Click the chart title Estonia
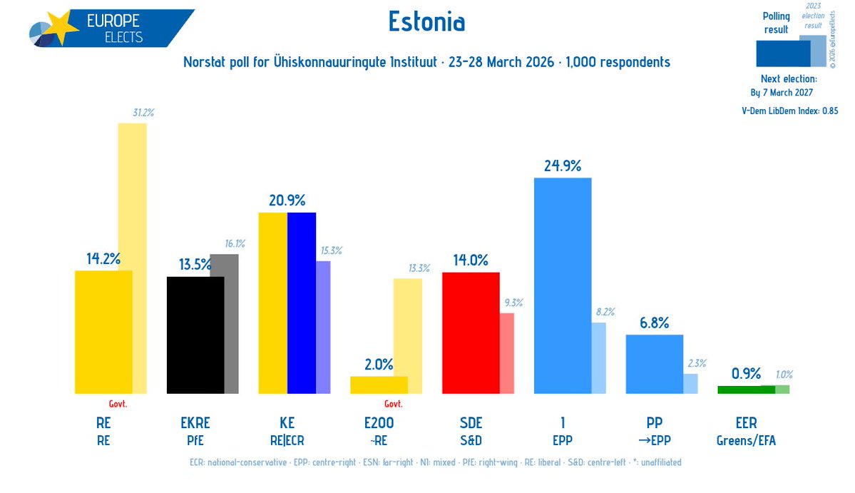coord(426,22)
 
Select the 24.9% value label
coord(562,166)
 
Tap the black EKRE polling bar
coord(195,335)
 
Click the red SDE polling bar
coord(471,332)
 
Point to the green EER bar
coord(745,390)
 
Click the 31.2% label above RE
coord(143,113)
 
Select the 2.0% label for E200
coord(379,365)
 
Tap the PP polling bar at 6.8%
coord(654,364)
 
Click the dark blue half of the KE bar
coord(302,303)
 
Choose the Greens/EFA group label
coord(745,441)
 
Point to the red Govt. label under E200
coord(394,404)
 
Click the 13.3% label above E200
coord(419,268)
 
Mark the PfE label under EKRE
coord(195,441)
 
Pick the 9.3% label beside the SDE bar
coord(513,303)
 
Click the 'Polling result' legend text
coord(776,23)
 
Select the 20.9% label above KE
coord(287,200)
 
